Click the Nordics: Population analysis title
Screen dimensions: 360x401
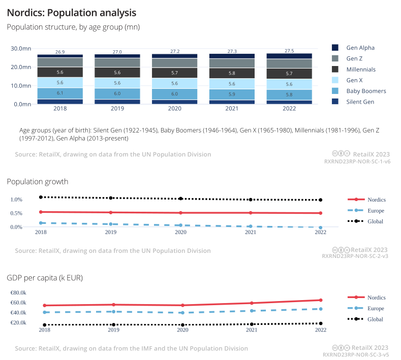pos(71,11)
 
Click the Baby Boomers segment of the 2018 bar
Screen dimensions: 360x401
pos(60,93)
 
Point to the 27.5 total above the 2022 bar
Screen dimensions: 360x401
pos(289,51)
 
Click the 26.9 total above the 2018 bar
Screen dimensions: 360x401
pos(60,52)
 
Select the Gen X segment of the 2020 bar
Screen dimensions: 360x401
pos(175,83)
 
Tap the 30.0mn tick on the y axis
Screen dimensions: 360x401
pos(21,49)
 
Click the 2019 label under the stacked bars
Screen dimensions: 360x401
pos(117,108)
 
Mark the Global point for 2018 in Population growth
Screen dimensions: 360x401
pos(40,197)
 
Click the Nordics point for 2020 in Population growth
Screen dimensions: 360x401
pos(180,213)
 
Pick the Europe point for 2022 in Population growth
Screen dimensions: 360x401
pos(320,227)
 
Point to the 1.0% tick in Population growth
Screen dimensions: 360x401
pos(16,200)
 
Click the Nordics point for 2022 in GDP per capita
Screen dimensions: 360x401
pos(320,300)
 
